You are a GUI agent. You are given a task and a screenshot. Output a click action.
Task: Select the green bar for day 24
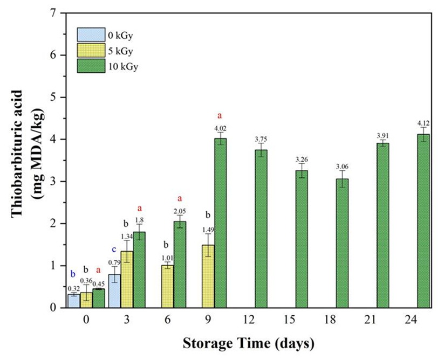pyautogui.click(x=423, y=220)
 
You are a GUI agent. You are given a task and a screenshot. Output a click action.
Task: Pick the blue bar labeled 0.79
pyautogui.click(x=114, y=290)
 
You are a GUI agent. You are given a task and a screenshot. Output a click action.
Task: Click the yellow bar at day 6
pyautogui.click(x=168, y=286)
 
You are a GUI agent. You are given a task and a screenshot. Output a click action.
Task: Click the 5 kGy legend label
pyautogui.click(x=120, y=51)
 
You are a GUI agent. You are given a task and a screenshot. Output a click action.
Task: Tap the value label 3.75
pyautogui.click(x=261, y=140)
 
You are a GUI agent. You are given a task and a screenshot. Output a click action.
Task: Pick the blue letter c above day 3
pyautogui.click(x=114, y=249)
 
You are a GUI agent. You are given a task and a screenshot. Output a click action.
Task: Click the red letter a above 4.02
pyautogui.click(x=220, y=115)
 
